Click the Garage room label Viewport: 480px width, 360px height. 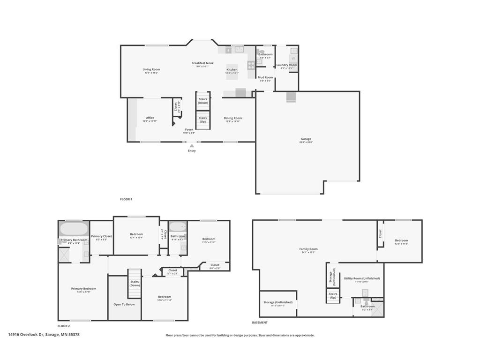[306, 139]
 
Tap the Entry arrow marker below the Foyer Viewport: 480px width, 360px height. [191, 146]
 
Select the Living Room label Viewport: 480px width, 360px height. [151, 69]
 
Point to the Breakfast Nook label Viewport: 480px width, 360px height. [202, 63]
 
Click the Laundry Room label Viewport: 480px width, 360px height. [286, 65]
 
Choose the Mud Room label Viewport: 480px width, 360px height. [265, 77]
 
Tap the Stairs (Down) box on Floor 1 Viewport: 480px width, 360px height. [203, 101]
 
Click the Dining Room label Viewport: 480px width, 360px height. [232, 118]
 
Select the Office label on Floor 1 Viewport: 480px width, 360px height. [150, 118]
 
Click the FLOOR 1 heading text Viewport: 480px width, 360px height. [126, 199]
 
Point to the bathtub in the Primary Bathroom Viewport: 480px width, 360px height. [74, 229]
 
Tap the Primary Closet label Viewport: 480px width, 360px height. [101, 236]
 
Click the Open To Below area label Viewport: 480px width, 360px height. [124, 304]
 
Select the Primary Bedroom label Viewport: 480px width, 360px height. [83, 289]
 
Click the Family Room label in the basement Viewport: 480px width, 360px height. [308, 249]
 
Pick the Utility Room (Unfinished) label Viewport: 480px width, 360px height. [361, 278]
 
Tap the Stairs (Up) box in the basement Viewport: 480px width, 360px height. [333, 296]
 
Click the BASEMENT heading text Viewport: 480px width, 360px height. [260, 322]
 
